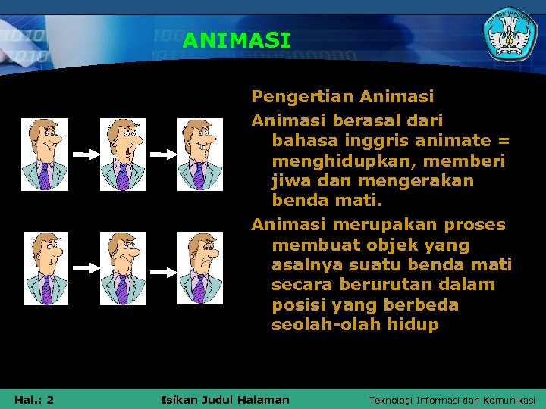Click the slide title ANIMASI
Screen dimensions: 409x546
click(237, 40)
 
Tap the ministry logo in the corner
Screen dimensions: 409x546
click(510, 36)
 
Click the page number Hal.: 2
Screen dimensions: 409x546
click(33, 399)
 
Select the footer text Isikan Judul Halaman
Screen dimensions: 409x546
click(225, 399)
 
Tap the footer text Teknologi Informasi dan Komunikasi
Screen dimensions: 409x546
click(452, 400)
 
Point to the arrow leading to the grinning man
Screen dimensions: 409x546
click(162, 155)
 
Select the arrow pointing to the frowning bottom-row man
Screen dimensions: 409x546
click(162, 269)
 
